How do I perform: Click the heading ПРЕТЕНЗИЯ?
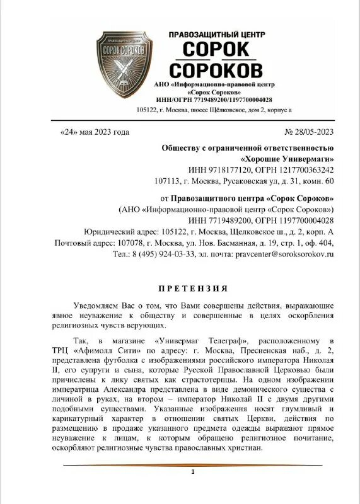pos(193,289)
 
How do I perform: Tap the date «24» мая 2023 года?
pos(94,132)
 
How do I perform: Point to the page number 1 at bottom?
pos(193,471)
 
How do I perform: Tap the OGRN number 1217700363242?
pos(304,170)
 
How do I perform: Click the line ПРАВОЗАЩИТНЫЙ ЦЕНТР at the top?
pos(217,34)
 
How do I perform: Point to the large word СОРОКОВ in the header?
pos(217,68)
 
